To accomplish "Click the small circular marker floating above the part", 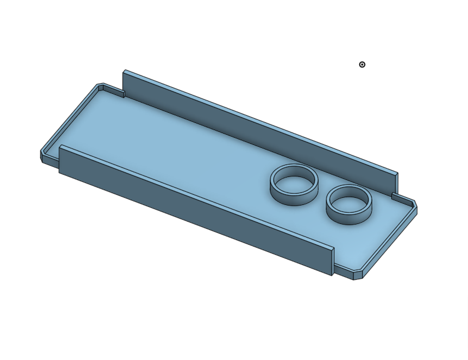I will pyautogui.click(x=362, y=64).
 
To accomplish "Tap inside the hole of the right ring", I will pyautogui.click(x=349, y=203).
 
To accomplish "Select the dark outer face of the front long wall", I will pyautogui.click(x=190, y=208).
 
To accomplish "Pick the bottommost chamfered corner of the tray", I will pyautogui.click(x=359, y=276).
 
